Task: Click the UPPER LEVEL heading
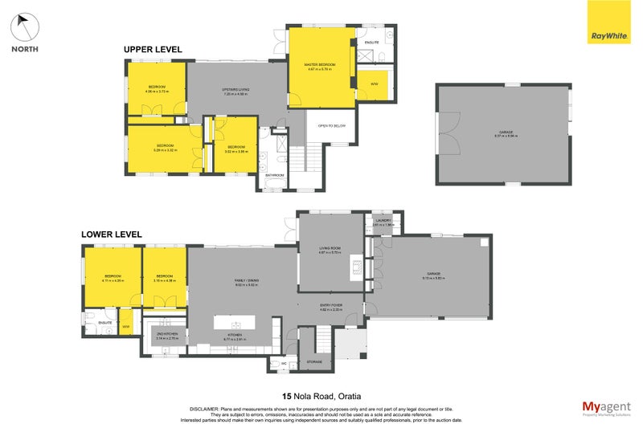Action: click(153, 50)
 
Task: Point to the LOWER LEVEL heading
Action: click(112, 234)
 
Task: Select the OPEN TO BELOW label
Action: click(331, 125)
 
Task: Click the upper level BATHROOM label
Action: click(275, 175)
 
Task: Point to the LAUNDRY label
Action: click(382, 222)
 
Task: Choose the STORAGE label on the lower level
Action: click(314, 361)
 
